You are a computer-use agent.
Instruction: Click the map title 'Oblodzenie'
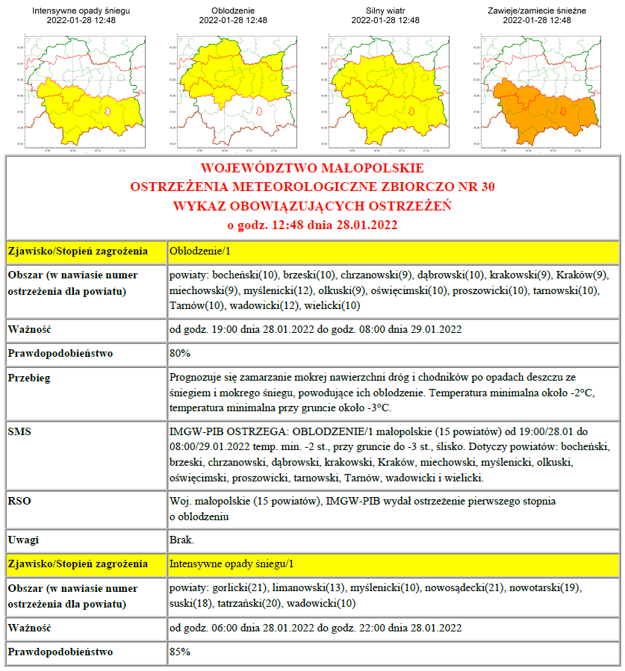coord(233,10)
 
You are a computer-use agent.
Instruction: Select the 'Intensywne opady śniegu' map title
coord(81,10)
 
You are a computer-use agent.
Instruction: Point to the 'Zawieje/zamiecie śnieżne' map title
coord(537,10)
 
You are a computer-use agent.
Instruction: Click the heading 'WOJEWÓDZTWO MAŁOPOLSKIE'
coord(312,168)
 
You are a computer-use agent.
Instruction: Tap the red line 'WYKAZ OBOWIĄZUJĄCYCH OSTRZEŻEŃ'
coord(312,205)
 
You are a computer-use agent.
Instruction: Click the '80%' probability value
coord(180,353)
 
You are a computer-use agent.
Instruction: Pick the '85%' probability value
coord(180,652)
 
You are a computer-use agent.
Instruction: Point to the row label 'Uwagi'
coord(23,540)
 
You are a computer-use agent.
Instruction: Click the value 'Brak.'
coord(182,540)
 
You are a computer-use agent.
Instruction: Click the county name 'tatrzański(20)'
coord(250,603)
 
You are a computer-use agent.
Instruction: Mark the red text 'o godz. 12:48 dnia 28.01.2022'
coord(312,224)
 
